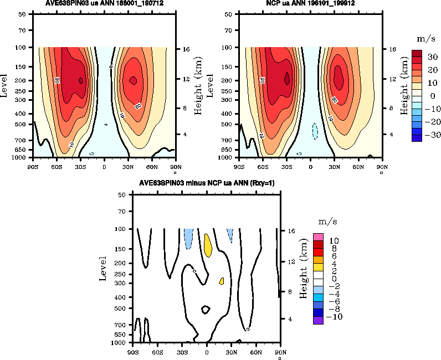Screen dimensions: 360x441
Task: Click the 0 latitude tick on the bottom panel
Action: (x=207, y=351)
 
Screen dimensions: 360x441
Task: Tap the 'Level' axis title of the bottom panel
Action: (x=103, y=268)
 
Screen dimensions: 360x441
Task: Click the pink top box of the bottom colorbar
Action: (x=318, y=237)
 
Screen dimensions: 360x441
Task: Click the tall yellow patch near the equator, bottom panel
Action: (x=208, y=245)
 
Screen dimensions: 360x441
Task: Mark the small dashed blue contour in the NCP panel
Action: (x=315, y=131)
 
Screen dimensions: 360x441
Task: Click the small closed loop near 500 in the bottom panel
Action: (x=206, y=310)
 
